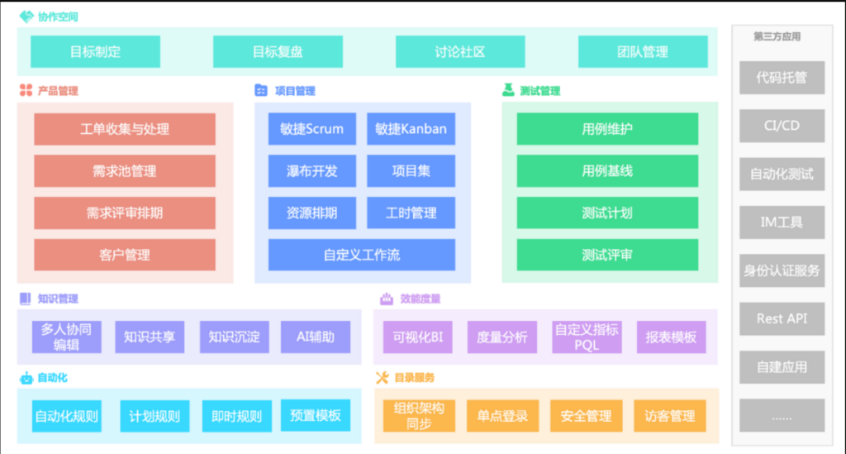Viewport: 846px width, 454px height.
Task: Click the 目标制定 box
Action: pyautogui.click(x=95, y=51)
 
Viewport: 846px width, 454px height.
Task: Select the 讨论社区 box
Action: pyautogui.click(x=460, y=51)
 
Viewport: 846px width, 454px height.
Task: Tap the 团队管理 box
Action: pyautogui.click(x=643, y=51)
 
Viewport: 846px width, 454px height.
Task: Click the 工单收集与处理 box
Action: pyautogui.click(x=125, y=129)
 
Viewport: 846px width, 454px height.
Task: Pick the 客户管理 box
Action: pyautogui.click(x=125, y=255)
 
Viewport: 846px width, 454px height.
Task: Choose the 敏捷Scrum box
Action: pyautogui.click(x=312, y=129)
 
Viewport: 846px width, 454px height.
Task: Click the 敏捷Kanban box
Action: pyautogui.click(x=411, y=129)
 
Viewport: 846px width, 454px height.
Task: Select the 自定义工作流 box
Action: pyautogui.click(x=362, y=255)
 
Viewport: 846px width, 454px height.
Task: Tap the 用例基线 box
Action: pyautogui.click(x=607, y=171)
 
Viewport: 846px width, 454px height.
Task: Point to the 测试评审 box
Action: pyautogui.click(x=607, y=255)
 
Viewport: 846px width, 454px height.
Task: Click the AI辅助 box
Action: pyautogui.click(x=316, y=337)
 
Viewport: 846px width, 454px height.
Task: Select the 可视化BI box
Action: pyautogui.click(x=418, y=337)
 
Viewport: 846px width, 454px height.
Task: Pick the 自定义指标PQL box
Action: pyautogui.click(x=587, y=337)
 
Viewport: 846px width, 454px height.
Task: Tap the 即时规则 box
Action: pyautogui.click(x=236, y=416)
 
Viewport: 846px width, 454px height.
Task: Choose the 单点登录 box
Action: pyautogui.click(x=502, y=416)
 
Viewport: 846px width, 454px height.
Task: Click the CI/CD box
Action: pyautogui.click(x=782, y=126)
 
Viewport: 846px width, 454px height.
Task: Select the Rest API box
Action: pyautogui.click(x=782, y=318)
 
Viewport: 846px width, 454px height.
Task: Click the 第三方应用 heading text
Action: pyautogui.click(x=777, y=36)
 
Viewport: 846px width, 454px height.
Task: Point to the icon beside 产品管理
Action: pyautogui.click(x=26, y=91)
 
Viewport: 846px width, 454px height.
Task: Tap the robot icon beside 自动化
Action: pyautogui.click(x=26, y=378)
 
